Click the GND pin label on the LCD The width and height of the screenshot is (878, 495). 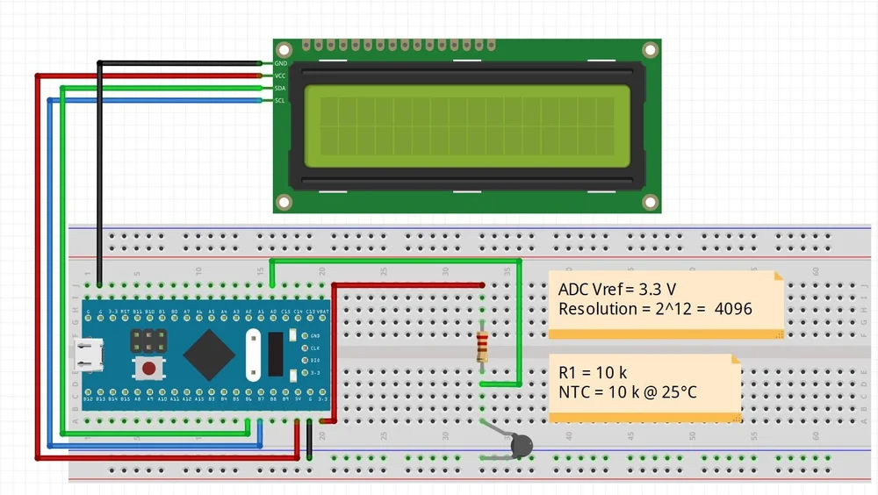pos(281,63)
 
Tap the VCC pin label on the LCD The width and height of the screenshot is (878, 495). pos(281,75)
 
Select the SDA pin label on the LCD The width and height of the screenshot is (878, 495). pos(281,88)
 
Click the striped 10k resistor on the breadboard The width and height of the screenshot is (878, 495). pos(482,348)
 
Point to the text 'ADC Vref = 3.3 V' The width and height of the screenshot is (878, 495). pos(617,290)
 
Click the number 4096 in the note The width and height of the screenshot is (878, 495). pos(733,309)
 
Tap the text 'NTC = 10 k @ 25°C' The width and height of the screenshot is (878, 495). pos(628,391)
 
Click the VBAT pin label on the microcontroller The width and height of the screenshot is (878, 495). pos(322,312)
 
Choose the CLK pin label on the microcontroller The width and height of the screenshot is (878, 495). pos(315,348)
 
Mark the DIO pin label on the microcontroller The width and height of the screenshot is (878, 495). pos(315,360)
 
